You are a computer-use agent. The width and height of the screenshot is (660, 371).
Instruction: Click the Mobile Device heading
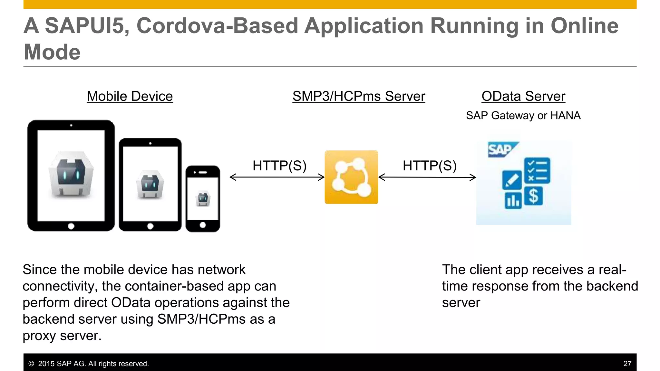(x=130, y=96)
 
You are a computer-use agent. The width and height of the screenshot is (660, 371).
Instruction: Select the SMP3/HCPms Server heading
(x=359, y=96)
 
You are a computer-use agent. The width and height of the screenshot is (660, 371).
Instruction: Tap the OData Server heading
(x=523, y=96)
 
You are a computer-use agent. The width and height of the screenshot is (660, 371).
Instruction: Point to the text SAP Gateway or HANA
(x=523, y=115)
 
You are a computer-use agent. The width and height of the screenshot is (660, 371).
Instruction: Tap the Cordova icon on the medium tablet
(x=150, y=185)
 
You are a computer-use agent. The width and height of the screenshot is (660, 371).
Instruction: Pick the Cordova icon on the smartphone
(x=203, y=199)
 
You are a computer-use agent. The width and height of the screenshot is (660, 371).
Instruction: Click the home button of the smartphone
(x=203, y=225)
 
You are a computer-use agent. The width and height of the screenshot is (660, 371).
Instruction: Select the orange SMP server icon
(x=351, y=177)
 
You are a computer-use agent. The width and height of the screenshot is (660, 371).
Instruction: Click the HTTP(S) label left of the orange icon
(x=279, y=166)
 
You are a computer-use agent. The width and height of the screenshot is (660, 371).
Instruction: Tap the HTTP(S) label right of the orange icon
(x=430, y=166)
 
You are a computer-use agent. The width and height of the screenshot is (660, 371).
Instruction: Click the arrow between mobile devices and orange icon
(x=277, y=177)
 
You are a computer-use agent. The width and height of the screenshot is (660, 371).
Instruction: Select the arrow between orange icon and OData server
(x=427, y=177)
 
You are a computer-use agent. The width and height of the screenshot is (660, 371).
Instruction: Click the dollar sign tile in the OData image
(x=534, y=196)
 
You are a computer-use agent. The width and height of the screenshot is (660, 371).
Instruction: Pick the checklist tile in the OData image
(x=537, y=170)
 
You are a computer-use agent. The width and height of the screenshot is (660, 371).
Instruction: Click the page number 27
(x=627, y=364)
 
